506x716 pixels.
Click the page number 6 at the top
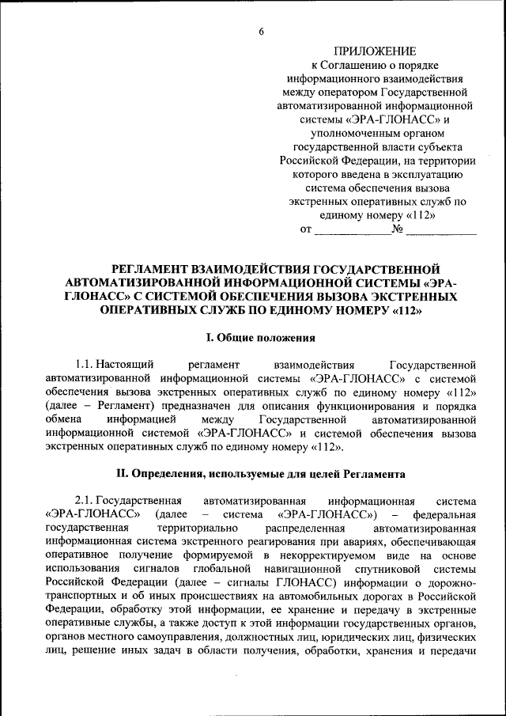click(260, 31)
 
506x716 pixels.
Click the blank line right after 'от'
click(353, 230)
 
